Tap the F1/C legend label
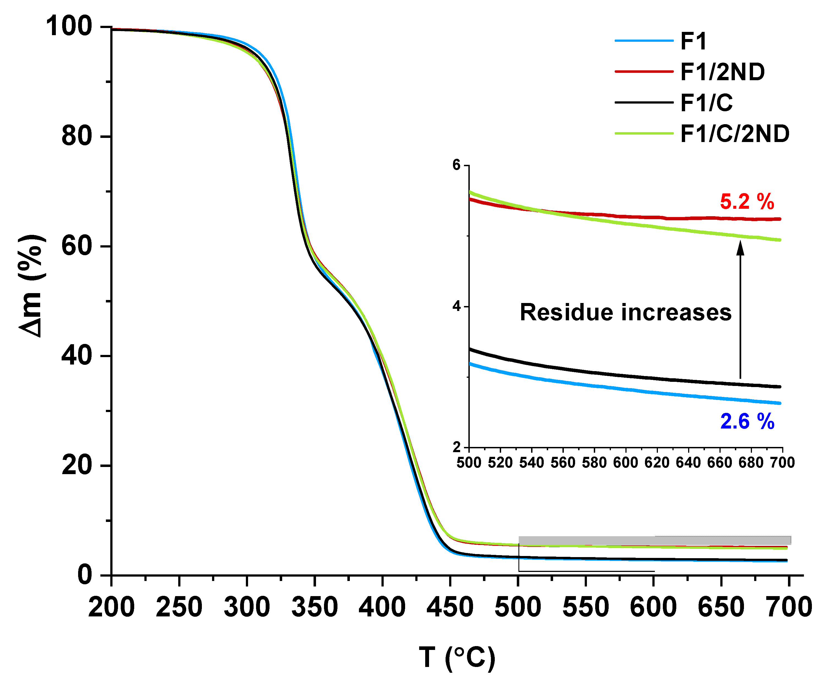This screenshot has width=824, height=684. click(706, 103)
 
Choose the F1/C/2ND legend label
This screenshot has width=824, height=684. click(735, 134)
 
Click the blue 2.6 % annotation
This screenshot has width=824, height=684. click(747, 422)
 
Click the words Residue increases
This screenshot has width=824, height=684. click(625, 312)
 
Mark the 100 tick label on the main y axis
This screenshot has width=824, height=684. click(69, 27)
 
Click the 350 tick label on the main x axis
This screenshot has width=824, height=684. click(314, 607)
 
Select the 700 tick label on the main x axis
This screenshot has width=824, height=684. click(789, 607)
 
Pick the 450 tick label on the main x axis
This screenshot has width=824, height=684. click(450, 607)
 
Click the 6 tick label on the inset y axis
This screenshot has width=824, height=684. click(456, 165)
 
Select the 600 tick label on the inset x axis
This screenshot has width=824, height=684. click(625, 463)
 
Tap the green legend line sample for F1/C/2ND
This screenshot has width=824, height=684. click(644, 134)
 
